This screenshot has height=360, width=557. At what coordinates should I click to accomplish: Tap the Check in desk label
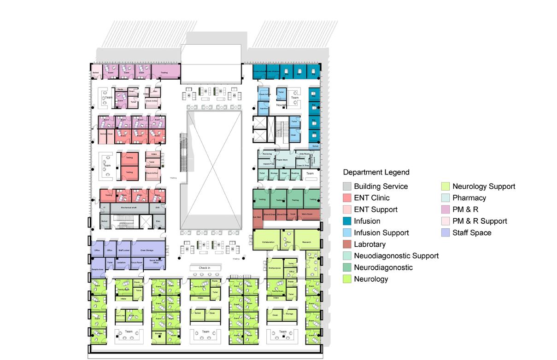click(x=205, y=268)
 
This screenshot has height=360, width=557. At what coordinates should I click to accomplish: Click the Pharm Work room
click(x=282, y=160)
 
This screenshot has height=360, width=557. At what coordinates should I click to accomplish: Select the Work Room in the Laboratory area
click(x=307, y=215)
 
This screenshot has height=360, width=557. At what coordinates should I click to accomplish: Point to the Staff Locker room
click(x=124, y=250)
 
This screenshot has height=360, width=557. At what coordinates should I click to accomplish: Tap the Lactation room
click(x=121, y=263)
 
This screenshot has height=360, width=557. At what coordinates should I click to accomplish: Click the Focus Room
click(x=137, y=263)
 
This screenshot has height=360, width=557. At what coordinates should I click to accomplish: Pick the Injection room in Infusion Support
click(x=263, y=108)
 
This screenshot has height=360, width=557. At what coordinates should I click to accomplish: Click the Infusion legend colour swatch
click(x=347, y=221)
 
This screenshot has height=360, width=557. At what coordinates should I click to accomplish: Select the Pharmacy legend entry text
click(x=469, y=198)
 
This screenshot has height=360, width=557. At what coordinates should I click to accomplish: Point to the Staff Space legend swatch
click(x=446, y=233)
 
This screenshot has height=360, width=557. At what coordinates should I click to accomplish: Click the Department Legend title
click(x=376, y=172)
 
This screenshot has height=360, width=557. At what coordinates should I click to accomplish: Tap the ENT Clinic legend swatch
click(x=347, y=198)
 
